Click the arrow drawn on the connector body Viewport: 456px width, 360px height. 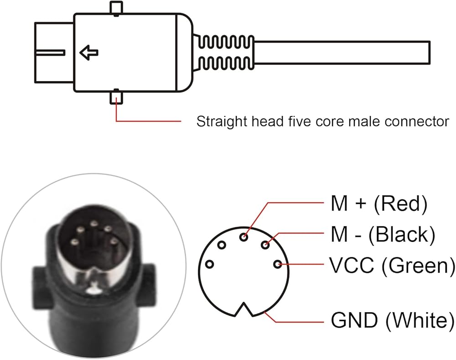[x=89, y=53]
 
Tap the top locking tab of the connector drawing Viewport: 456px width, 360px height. [x=117, y=8]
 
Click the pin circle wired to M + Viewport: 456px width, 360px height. [x=245, y=237]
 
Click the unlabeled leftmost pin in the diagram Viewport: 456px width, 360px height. [x=210, y=264]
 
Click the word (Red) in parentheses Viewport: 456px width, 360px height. [x=400, y=205]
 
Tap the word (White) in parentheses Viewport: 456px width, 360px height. [x=420, y=320]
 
